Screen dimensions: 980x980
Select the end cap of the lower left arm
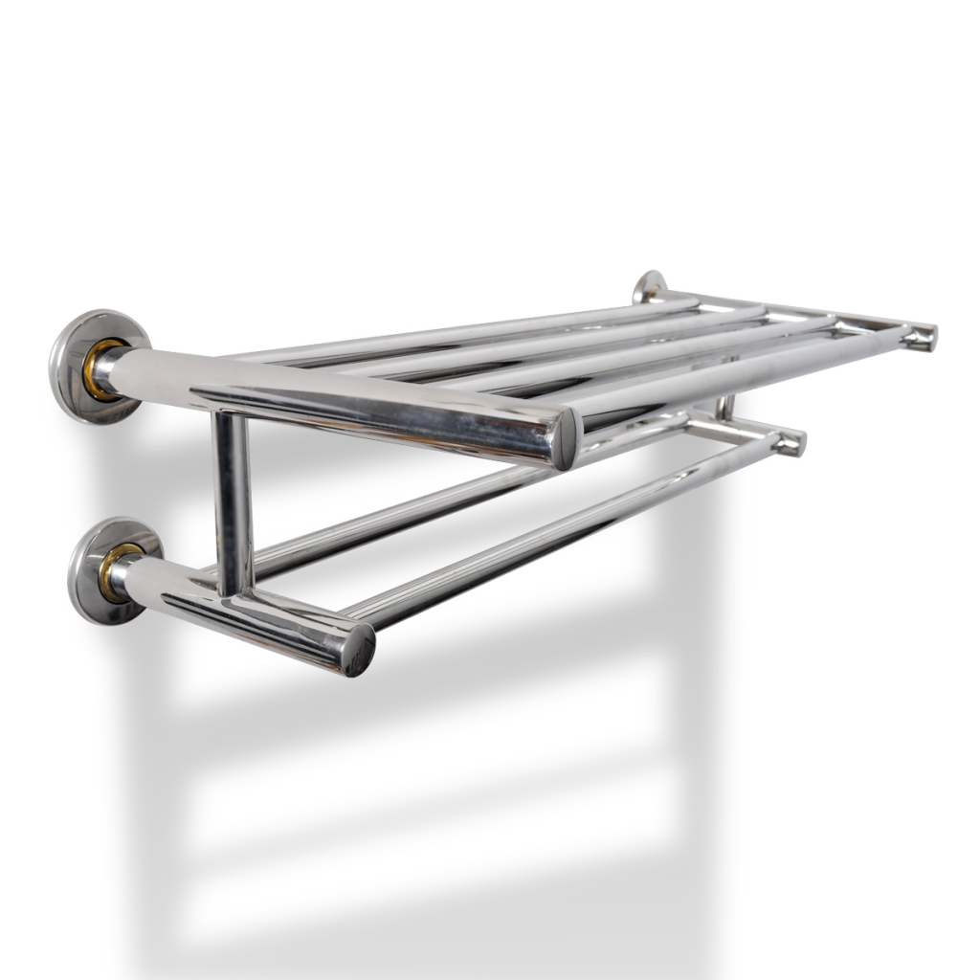(x=359, y=650)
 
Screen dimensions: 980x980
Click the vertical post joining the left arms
(x=233, y=498)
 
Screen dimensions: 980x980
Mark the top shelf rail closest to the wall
(x=459, y=330)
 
